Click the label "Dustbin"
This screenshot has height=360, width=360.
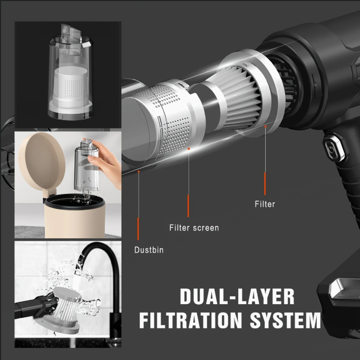(x=149, y=250)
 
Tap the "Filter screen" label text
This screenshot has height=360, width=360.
(x=194, y=228)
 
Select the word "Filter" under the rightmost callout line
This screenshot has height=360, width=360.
(x=265, y=204)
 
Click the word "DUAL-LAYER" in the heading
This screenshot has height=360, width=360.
(x=237, y=296)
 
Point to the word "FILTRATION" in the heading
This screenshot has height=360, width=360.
(x=191, y=320)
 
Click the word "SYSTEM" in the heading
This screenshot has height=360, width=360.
(x=285, y=320)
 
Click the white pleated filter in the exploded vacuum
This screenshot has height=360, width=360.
(x=239, y=96)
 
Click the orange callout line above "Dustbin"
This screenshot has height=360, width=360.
(x=138, y=229)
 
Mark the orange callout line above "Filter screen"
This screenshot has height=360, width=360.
(x=188, y=206)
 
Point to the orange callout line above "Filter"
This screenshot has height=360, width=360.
(x=265, y=183)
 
